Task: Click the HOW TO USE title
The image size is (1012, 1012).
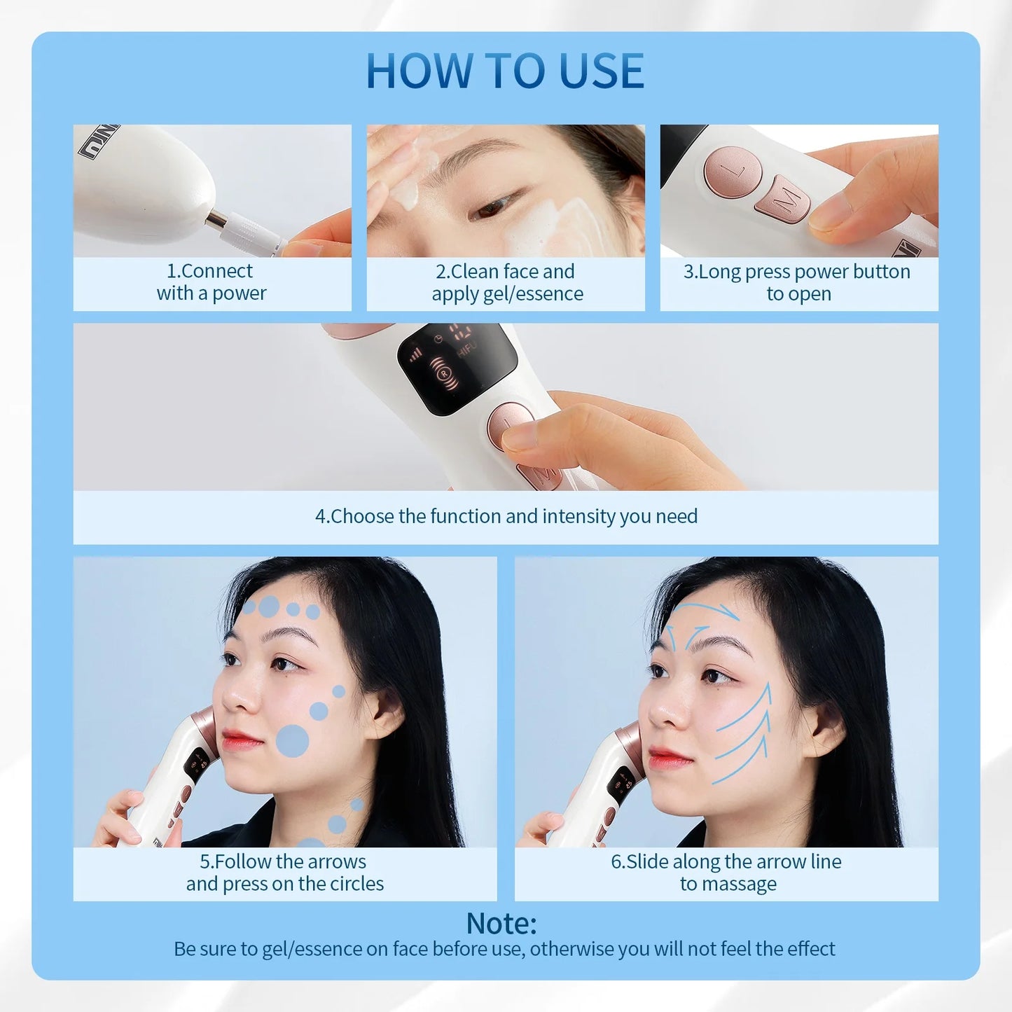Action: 505,71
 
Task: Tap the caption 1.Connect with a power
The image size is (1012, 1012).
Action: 211,282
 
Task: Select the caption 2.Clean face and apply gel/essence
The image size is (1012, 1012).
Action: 506,282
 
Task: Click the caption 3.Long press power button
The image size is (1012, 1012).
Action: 798,282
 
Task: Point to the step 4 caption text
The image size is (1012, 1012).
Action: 506,516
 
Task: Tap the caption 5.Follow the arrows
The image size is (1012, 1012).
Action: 284,873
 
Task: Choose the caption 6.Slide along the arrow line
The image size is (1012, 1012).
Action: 726,873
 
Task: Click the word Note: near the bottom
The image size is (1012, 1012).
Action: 501,923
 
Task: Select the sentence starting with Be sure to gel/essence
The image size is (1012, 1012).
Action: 504,949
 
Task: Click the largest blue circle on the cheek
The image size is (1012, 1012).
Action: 293,741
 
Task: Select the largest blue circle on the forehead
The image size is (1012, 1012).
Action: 269,606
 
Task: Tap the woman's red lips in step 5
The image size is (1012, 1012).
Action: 240,740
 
